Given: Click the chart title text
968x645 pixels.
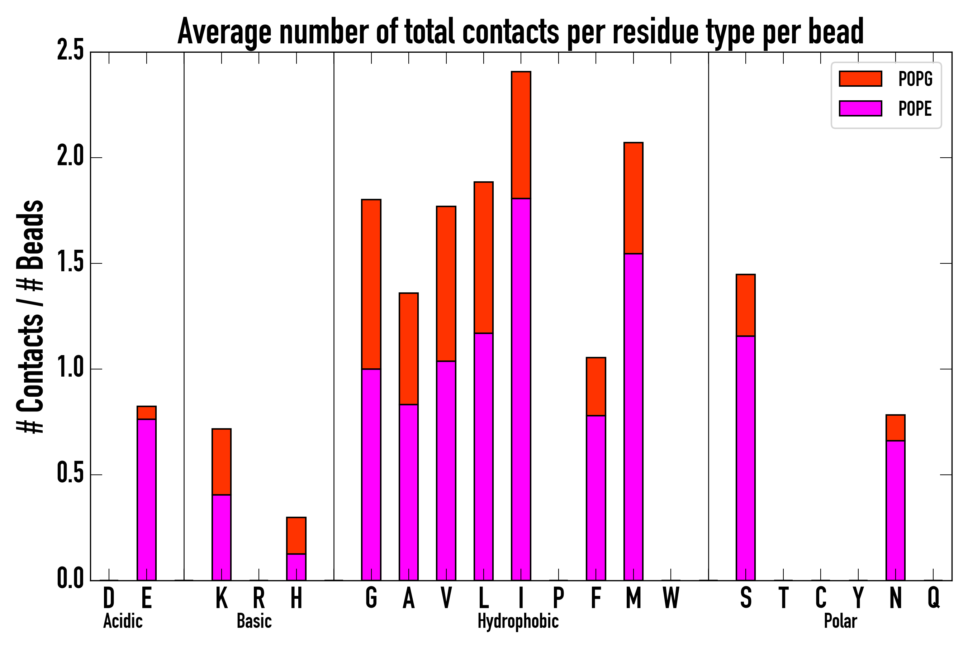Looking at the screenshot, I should point(520,32).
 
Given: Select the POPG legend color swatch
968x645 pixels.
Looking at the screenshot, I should point(860,78).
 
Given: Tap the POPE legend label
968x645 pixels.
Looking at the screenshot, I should point(915,109).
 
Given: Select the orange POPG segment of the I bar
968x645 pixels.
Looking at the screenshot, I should point(521,135).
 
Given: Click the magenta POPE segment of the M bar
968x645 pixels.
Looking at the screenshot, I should point(634,416).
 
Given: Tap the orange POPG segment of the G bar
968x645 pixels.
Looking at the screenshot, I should point(371,284).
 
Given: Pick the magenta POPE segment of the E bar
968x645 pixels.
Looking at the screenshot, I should point(147,500).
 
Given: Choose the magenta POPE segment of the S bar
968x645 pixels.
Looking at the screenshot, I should point(746,458).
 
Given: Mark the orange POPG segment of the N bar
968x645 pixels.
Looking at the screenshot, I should point(896,428).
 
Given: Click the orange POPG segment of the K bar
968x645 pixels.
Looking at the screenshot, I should point(222,462).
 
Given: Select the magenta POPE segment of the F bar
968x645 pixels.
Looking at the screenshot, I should point(596,498).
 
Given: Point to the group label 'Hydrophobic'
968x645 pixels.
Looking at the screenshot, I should point(518,621).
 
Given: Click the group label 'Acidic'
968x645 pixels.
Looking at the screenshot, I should point(123,621).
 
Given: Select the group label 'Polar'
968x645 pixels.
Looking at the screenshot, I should point(840,621).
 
